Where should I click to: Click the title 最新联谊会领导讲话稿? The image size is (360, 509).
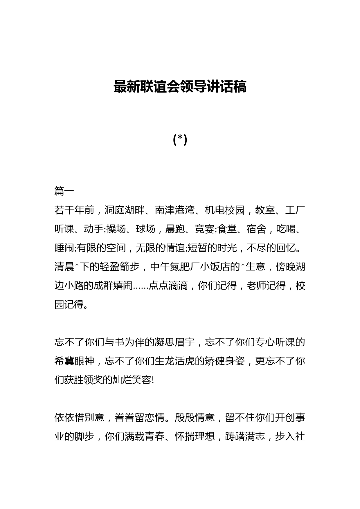pyautogui.click(x=180, y=87)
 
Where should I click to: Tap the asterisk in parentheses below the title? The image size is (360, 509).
pyautogui.click(x=180, y=140)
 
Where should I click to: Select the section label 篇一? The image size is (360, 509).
pyautogui.click(x=64, y=191)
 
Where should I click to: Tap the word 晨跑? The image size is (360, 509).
pyautogui.click(x=174, y=229)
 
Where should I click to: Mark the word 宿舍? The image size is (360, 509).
pyautogui.click(x=256, y=229)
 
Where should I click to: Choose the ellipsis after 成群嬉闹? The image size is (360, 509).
pyautogui.click(x=141, y=286)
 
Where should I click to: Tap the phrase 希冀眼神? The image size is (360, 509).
pyautogui.click(x=74, y=361)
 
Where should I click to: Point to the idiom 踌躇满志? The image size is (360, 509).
pyautogui.click(x=245, y=436)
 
